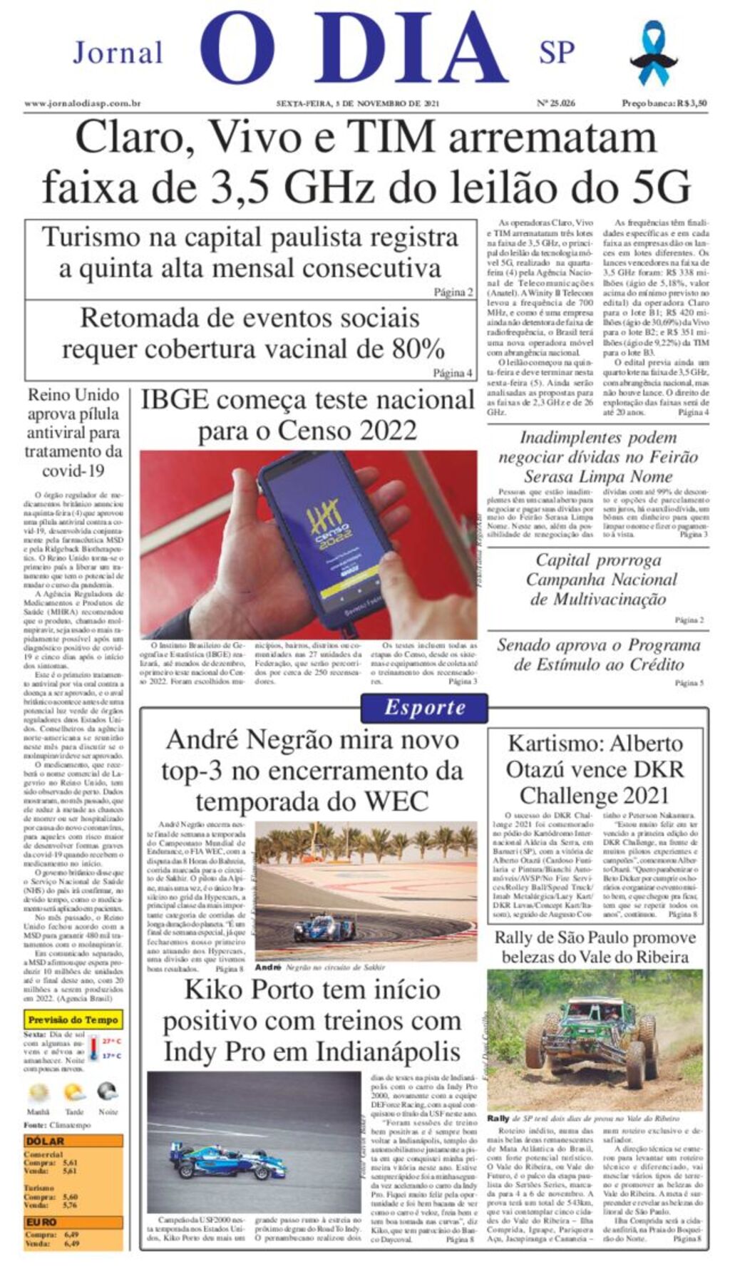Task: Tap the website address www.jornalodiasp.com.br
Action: [x=82, y=103]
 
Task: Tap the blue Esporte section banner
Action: [x=424, y=707]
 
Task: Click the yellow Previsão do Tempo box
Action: [x=73, y=1019]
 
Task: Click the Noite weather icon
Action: [x=108, y=1091]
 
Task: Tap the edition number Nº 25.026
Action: [x=555, y=103]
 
